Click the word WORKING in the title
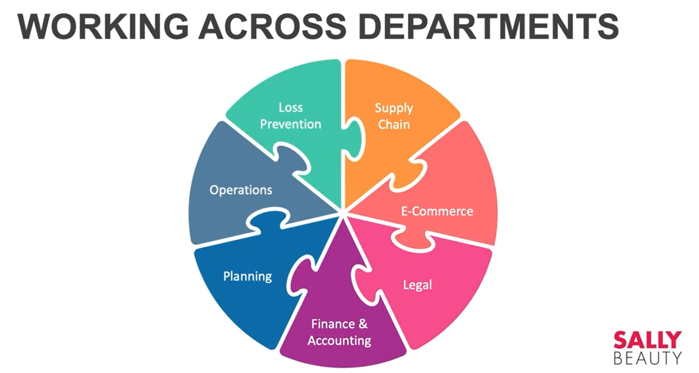103,26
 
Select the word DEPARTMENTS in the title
488,26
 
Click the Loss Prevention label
290,116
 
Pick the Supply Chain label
394,116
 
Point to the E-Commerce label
437,211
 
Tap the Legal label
417,285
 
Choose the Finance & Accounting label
339,332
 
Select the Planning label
247,276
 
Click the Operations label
241,190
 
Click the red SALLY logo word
647,340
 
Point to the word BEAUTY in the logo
647,358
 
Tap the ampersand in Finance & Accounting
363,323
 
